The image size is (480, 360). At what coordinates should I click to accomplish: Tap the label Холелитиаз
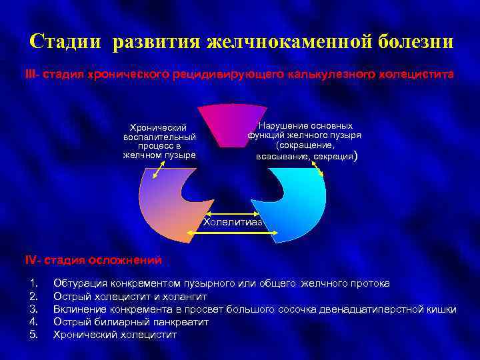point(233,221)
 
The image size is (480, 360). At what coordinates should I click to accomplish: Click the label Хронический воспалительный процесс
point(159,141)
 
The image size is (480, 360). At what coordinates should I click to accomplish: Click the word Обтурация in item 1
point(81,283)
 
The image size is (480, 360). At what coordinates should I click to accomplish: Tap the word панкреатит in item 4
point(179,321)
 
